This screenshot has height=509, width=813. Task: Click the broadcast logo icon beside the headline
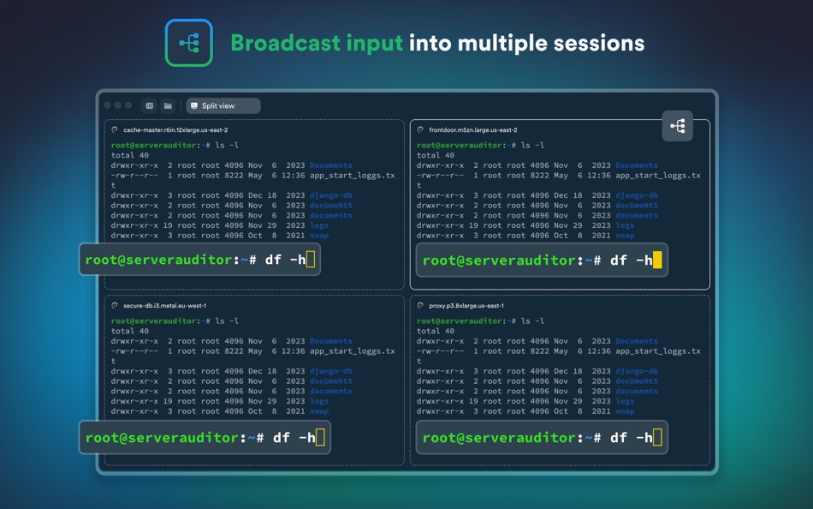(x=189, y=43)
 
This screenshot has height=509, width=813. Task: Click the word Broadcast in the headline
(x=286, y=43)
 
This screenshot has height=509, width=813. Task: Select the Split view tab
(x=223, y=106)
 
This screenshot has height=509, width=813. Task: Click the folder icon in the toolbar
(x=168, y=106)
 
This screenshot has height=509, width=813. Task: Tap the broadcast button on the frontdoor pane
(x=677, y=126)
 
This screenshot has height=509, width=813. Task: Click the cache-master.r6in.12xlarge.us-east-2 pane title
(x=175, y=130)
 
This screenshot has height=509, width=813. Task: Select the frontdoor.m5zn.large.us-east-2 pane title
(x=473, y=130)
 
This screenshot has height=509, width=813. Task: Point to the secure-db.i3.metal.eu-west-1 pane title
(x=164, y=306)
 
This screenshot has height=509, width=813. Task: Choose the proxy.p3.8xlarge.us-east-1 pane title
(x=466, y=306)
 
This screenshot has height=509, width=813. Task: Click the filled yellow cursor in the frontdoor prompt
(x=657, y=260)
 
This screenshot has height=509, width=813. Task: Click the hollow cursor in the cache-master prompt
(x=311, y=259)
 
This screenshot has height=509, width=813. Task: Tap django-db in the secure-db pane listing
(x=331, y=371)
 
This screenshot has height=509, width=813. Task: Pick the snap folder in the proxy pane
(x=625, y=411)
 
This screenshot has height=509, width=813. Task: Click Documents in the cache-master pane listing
(x=331, y=165)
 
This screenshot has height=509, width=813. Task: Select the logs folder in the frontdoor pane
(x=625, y=225)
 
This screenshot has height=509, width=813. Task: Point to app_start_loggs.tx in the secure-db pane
(x=352, y=351)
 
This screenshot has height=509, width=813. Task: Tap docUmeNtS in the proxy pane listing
(x=637, y=381)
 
